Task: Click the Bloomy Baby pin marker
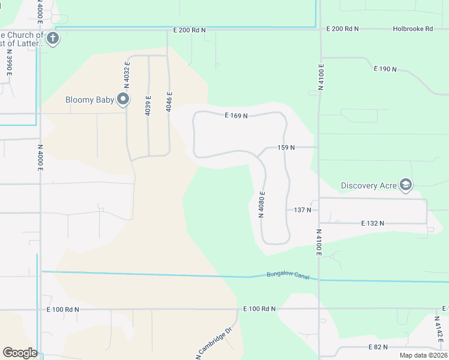click(124, 99)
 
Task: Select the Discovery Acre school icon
click(406, 185)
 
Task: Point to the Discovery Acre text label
click(369, 185)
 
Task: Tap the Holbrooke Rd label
click(412, 28)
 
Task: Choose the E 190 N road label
click(385, 69)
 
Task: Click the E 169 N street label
click(236, 115)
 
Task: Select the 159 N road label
click(286, 147)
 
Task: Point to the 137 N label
click(303, 209)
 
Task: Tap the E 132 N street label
click(372, 223)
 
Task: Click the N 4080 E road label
click(262, 205)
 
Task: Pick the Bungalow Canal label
click(291, 275)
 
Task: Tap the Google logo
click(20, 352)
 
